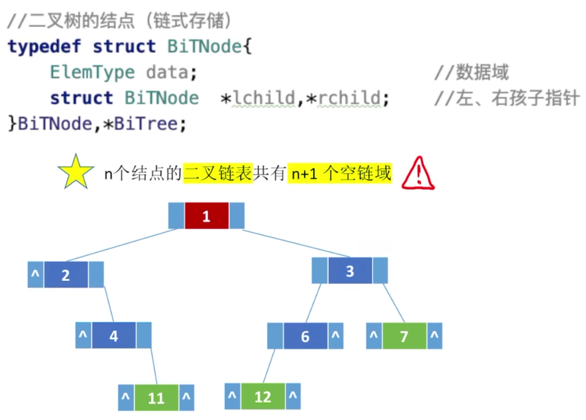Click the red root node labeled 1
206,216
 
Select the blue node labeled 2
66,275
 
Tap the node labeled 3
350,271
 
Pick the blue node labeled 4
114,336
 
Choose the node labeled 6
305,336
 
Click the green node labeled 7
404,336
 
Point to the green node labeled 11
156,398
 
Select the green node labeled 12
263,396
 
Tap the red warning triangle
418,173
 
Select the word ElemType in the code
92,73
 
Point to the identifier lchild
264,98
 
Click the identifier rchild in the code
349,98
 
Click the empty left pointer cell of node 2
35,275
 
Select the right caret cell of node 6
336,336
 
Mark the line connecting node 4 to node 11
153,366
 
